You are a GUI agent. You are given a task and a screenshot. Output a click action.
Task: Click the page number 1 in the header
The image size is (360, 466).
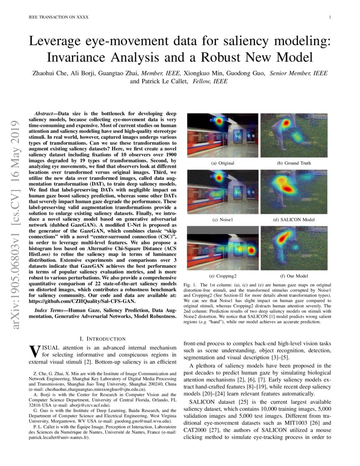coord(329,17)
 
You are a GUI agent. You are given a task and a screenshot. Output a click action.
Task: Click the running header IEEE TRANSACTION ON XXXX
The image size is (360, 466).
coord(53,17)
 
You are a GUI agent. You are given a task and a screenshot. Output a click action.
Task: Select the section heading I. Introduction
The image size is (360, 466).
coord(102,338)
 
